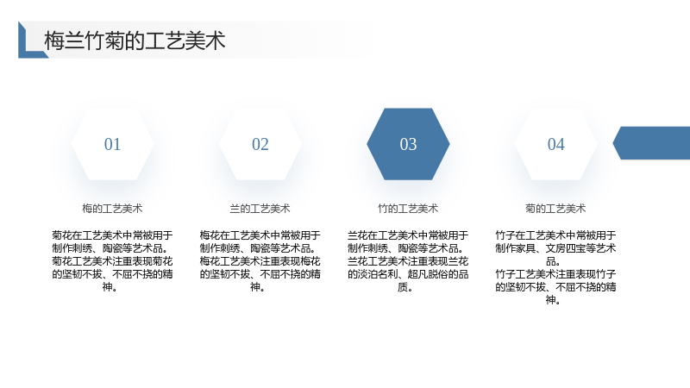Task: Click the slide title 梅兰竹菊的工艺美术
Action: click(135, 41)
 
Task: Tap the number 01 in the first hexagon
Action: click(112, 144)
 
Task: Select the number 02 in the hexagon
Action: click(260, 144)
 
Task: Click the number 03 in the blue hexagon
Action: click(408, 144)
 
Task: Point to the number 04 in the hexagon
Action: click(555, 144)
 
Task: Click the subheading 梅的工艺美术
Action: click(112, 209)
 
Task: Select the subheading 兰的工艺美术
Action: click(260, 209)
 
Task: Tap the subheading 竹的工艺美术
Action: click(408, 209)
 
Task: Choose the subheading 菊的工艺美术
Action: click(555, 209)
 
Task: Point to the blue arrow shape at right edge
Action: click(652, 143)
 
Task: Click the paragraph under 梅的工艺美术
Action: click(112, 261)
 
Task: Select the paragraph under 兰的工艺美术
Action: click(260, 261)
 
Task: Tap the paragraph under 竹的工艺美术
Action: click(408, 261)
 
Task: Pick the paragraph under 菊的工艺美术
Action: click(555, 267)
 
